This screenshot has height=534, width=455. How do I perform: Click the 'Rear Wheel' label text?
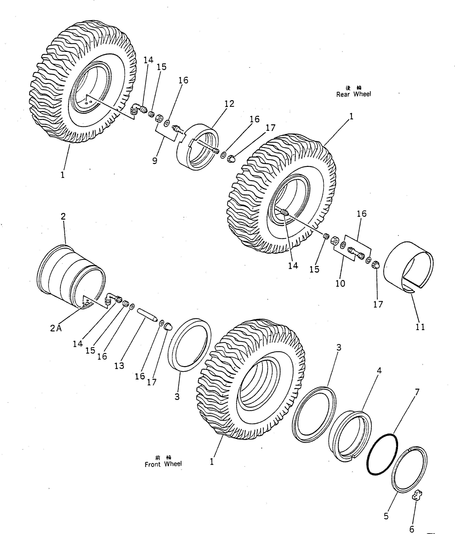(x=354, y=94)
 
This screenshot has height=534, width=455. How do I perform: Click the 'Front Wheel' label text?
(x=163, y=464)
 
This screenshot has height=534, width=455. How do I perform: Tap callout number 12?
(x=229, y=104)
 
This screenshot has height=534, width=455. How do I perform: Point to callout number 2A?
(x=56, y=329)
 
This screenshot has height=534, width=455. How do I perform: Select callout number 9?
(x=155, y=161)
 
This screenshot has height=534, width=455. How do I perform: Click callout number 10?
(x=340, y=284)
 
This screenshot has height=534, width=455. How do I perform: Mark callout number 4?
(x=379, y=371)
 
